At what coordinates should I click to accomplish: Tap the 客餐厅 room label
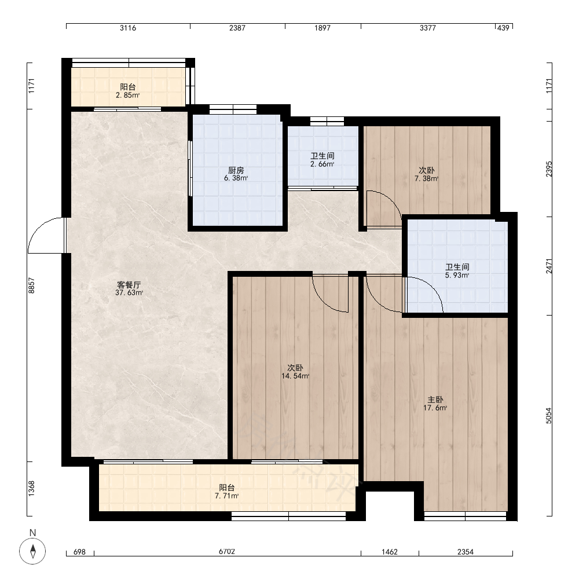click(x=129, y=285)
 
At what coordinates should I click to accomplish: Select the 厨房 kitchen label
click(x=236, y=170)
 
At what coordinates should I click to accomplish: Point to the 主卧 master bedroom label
click(x=435, y=400)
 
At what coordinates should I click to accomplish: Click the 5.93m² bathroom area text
click(x=457, y=275)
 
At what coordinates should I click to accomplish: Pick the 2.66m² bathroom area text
click(x=323, y=164)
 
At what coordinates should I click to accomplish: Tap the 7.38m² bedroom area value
click(x=427, y=179)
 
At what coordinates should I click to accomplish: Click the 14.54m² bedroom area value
click(x=295, y=376)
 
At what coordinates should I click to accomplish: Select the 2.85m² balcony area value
click(x=128, y=96)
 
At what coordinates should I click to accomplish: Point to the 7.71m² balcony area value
click(x=227, y=496)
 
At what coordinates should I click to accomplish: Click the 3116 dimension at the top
click(x=128, y=28)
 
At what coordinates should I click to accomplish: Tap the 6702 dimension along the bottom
click(x=227, y=552)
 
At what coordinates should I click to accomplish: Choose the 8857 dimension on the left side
click(x=31, y=285)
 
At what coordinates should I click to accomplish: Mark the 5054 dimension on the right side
click(x=549, y=415)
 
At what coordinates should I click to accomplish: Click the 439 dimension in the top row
click(x=503, y=28)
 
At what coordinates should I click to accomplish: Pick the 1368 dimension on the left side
click(x=31, y=488)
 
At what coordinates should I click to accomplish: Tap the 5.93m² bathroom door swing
click(x=433, y=285)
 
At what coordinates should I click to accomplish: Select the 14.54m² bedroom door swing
click(x=321, y=300)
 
